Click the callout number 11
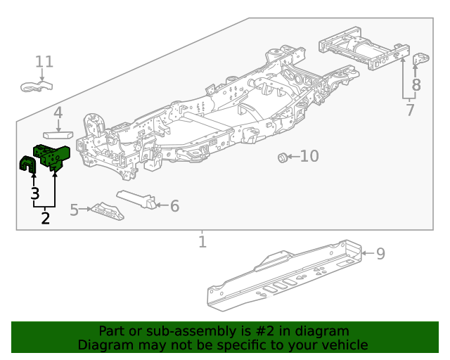click(44, 62)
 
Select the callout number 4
click(58, 112)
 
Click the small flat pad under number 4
click(58, 131)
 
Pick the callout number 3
click(34, 193)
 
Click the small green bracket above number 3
click(28, 165)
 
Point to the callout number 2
click(46, 218)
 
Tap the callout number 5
click(75, 210)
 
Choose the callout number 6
click(174, 206)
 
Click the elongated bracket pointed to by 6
click(136, 198)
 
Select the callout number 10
click(309, 156)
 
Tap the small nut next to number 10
click(283, 157)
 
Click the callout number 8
click(416, 85)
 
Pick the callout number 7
click(410, 110)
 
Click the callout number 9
click(380, 254)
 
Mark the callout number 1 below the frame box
click(202, 242)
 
